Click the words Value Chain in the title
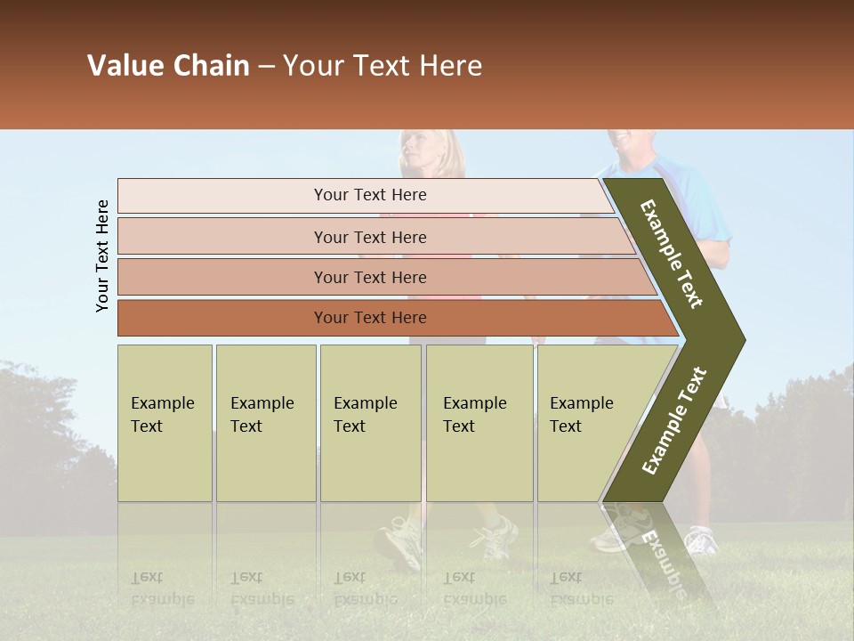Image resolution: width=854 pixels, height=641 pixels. [168, 66]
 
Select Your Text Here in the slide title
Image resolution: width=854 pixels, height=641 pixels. [383, 66]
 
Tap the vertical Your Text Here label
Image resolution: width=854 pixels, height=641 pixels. [102, 256]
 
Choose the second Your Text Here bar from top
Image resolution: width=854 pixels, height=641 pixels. [369, 237]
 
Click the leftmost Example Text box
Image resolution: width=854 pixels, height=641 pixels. [165, 423]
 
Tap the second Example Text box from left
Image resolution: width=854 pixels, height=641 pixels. [265, 423]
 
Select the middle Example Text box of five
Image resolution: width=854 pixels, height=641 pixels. [370, 423]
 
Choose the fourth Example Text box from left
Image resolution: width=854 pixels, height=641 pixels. [479, 423]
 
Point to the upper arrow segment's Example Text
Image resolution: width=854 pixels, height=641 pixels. [673, 255]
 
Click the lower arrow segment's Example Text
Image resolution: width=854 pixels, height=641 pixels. [674, 420]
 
